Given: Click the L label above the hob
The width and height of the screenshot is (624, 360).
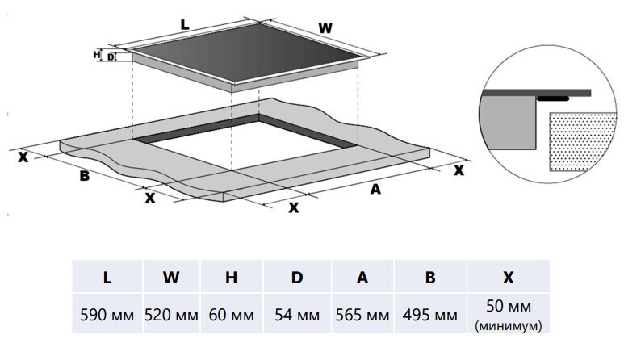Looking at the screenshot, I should [185, 24].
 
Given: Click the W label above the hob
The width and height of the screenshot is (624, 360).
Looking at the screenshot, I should [325, 27].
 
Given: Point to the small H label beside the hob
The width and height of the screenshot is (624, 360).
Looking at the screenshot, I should [97, 54].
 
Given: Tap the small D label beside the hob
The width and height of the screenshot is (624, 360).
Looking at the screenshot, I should [111, 57].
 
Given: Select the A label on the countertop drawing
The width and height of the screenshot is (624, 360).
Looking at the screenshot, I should [375, 190].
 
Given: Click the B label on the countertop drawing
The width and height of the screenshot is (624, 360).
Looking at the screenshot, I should [84, 176].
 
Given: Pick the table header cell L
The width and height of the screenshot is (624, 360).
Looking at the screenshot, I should [107, 278].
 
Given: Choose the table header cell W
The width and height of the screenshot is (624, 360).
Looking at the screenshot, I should [171, 278].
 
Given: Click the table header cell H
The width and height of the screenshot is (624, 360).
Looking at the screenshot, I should [232, 278].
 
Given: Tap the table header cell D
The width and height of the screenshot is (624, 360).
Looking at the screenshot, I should [297, 278].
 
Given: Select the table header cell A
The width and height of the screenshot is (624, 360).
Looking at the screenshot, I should [362, 278].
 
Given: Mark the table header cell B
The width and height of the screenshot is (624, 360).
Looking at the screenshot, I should [430, 278].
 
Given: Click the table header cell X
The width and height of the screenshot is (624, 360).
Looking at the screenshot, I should [508, 278].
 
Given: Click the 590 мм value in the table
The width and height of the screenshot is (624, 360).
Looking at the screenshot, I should [107, 316].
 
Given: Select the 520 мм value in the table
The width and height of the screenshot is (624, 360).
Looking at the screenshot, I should [171, 316].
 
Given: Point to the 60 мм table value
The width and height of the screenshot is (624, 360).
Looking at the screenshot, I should [232, 316].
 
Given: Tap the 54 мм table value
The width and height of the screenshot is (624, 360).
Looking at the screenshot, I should [297, 316].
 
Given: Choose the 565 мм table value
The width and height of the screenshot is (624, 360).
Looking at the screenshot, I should [362, 316].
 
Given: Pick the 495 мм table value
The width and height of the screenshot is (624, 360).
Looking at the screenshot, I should [430, 316].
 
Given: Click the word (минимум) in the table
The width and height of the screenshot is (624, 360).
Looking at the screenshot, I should [509, 326].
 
